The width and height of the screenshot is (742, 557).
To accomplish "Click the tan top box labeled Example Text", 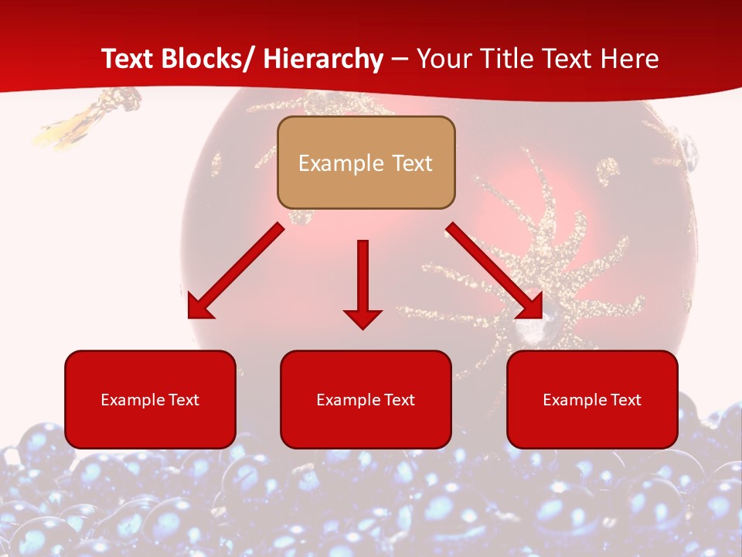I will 366,162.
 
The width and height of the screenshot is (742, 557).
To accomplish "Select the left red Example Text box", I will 150,399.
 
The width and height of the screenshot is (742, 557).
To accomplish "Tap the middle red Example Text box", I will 366,399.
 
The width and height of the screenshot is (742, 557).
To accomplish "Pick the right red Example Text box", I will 592,399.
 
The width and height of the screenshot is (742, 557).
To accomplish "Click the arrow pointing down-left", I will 236,272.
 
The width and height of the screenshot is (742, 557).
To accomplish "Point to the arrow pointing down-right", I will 494,271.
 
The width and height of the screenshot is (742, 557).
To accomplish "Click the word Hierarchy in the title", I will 323,59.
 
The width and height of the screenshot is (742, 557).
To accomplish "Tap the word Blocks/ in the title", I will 207,59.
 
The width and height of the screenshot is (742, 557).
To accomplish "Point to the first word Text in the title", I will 128,59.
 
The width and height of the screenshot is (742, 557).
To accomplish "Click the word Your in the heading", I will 444,59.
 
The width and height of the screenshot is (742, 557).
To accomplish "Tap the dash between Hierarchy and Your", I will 400,59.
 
